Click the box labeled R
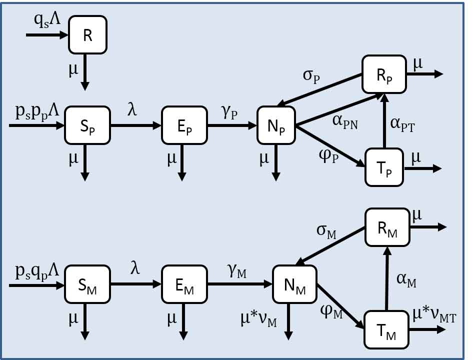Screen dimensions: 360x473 click(x=88, y=35)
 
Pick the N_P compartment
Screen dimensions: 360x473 click(x=276, y=125)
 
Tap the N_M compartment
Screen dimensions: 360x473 click(x=294, y=285)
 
